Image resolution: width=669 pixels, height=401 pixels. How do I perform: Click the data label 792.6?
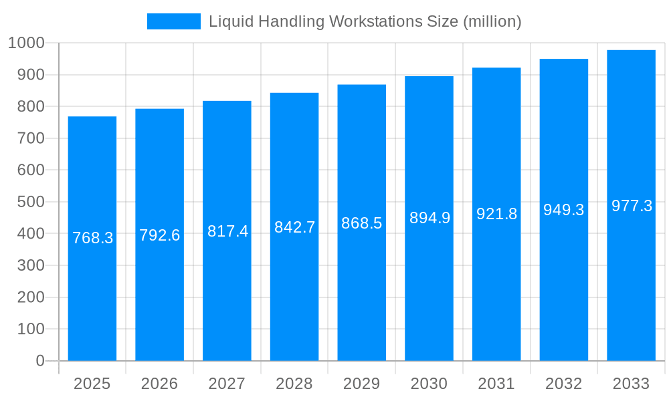(159, 235)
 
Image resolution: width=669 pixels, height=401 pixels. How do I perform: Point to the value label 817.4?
(227, 231)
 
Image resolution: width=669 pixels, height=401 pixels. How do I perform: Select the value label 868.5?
(361, 223)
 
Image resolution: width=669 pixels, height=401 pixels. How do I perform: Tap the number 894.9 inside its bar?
(429, 218)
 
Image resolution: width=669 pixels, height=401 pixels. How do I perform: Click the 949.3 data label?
(563, 210)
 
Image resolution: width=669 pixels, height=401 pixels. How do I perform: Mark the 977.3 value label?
(632, 206)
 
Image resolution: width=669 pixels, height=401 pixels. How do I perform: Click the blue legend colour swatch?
(173, 21)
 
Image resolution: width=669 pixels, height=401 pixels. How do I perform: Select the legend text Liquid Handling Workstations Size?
(365, 21)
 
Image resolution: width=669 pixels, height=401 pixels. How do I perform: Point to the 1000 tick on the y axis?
(26, 43)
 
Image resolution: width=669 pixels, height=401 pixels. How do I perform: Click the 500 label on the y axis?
(31, 202)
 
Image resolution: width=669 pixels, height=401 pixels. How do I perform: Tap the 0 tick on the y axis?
(39, 361)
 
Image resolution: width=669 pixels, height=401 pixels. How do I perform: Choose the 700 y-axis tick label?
(31, 138)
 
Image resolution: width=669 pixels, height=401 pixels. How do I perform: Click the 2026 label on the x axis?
(159, 384)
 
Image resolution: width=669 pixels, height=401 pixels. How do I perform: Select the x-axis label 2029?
(361, 384)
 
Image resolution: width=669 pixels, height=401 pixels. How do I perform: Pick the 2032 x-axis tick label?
(563, 384)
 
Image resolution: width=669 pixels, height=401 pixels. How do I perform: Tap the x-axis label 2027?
(227, 384)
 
